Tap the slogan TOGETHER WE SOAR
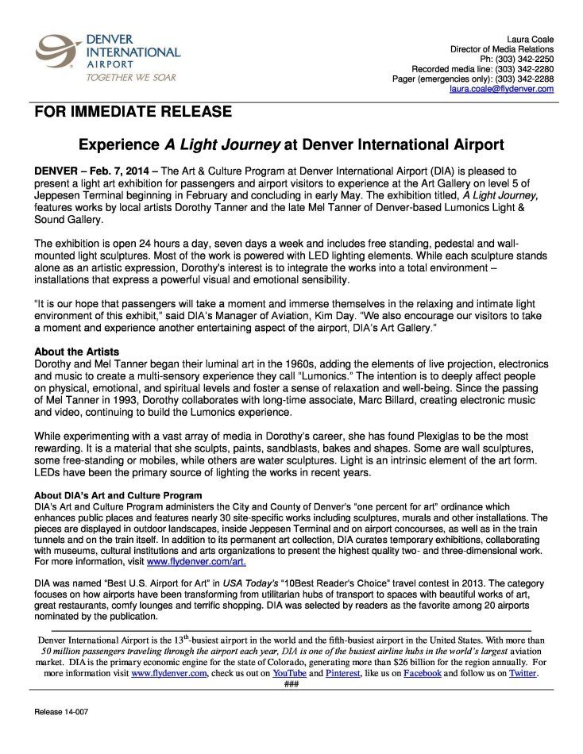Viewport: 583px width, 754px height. pyautogui.click(x=131, y=78)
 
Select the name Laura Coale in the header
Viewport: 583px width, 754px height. pyautogui.click(x=530, y=40)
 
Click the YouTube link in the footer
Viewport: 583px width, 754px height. pyautogui.click(x=290, y=673)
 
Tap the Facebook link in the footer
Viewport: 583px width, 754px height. pyautogui.click(x=422, y=673)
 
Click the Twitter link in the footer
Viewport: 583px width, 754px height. pyautogui.click(x=523, y=673)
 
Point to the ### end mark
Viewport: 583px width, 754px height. pyautogui.click(x=291, y=683)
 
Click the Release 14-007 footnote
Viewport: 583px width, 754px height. pyautogui.click(x=61, y=712)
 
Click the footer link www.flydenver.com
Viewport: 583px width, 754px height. pyautogui.click(x=169, y=673)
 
